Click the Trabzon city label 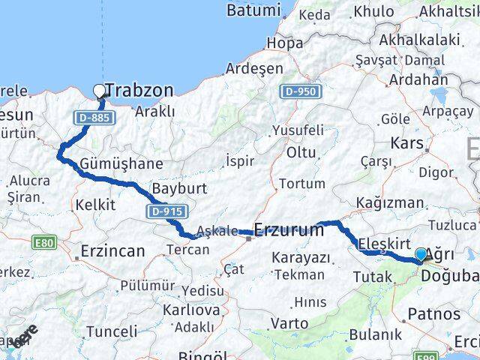coord(139,91)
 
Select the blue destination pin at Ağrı coord(421,256)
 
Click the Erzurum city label coord(289,230)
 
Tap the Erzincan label coord(112,251)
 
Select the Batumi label coord(253,10)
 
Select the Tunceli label coord(111,331)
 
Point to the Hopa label coord(285,43)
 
